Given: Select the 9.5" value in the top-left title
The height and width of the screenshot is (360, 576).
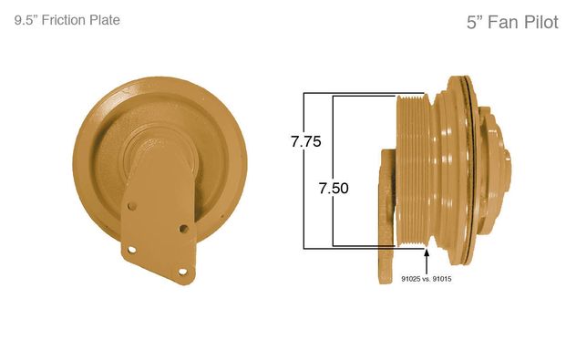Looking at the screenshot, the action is (x=26, y=20).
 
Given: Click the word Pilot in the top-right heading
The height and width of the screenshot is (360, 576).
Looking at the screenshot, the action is (x=541, y=22).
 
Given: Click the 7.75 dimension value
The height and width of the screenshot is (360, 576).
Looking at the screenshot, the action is (x=306, y=141).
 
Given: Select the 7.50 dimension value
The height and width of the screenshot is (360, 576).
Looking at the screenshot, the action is (x=334, y=188).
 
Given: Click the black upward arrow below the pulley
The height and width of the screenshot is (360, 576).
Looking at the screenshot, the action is (x=427, y=261).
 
